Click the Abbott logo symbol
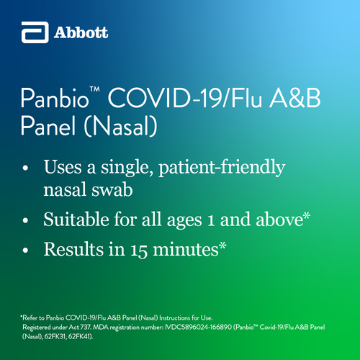pyautogui.click(x=35, y=32)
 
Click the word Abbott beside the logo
pyautogui.click(x=81, y=32)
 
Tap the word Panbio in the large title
pyautogui.click(x=55, y=98)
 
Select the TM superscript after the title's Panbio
pyautogui.click(x=94, y=89)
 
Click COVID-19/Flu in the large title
pyautogui.click(x=185, y=98)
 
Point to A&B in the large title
pyautogui.click(x=295, y=98)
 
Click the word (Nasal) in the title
pyautogui.click(x=120, y=126)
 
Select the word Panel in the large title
pyautogui.click(x=48, y=126)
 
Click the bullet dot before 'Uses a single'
pyautogui.click(x=25, y=168)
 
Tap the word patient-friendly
pyautogui.click(x=222, y=168)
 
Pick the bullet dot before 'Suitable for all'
pyautogui.click(x=25, y=220)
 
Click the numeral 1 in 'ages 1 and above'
pyautogui.click(x=211, y=220)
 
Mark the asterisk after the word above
pyautogui.click(x=307, y=216)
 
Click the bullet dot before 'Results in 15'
pyautogui.click(x=25, y=251)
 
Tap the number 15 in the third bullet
pyautogui.click(x=139, y=250)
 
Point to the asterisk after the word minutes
pyautogui.click(x=222, y=246)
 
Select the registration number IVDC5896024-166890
pyautogui.click(x=199, y=327)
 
